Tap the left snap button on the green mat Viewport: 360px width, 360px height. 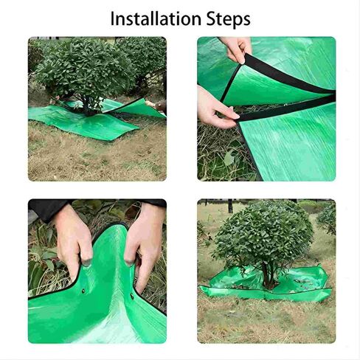pos(83,291)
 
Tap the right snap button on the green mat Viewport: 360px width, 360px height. pos(132,295)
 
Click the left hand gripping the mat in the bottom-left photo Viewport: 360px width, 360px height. pos(73,241)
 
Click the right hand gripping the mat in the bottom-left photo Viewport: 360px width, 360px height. pos(144,243)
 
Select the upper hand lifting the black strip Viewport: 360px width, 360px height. pos(236,49)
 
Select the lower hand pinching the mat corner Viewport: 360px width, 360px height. pos(215,109)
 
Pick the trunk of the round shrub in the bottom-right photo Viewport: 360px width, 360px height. pos(267,274)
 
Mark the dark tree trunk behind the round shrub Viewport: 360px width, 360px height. pos(230,206)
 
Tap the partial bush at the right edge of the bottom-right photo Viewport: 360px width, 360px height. pos(327,219)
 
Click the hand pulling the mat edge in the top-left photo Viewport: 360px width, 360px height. pos(157,105)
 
